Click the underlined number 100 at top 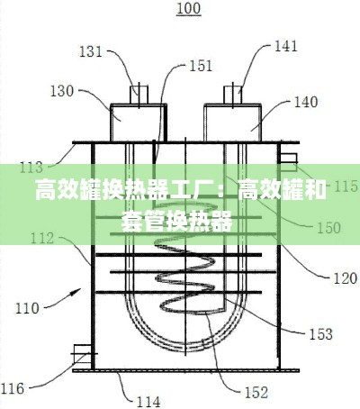tap(189, 8)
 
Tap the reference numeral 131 tap(91, 51)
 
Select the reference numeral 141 tap(285, 46)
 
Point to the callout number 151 tap(201, 66)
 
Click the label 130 tap(61, 91)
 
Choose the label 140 tap(306, 102)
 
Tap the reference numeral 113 tap(31, 168)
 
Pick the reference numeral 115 tap(346, 186)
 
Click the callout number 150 tap(328, 228)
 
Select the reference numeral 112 tap(42, 239)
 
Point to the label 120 tap(346, 278)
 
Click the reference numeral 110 tap(27, 308)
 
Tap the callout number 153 tap(321, 334)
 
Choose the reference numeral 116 tap(13, 388)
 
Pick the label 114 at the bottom tap(148, 402)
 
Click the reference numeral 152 tap(256, 393)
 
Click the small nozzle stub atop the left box tap(139, 95)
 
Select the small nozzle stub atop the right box tap(233, 95)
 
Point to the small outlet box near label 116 tap(83, 354)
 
